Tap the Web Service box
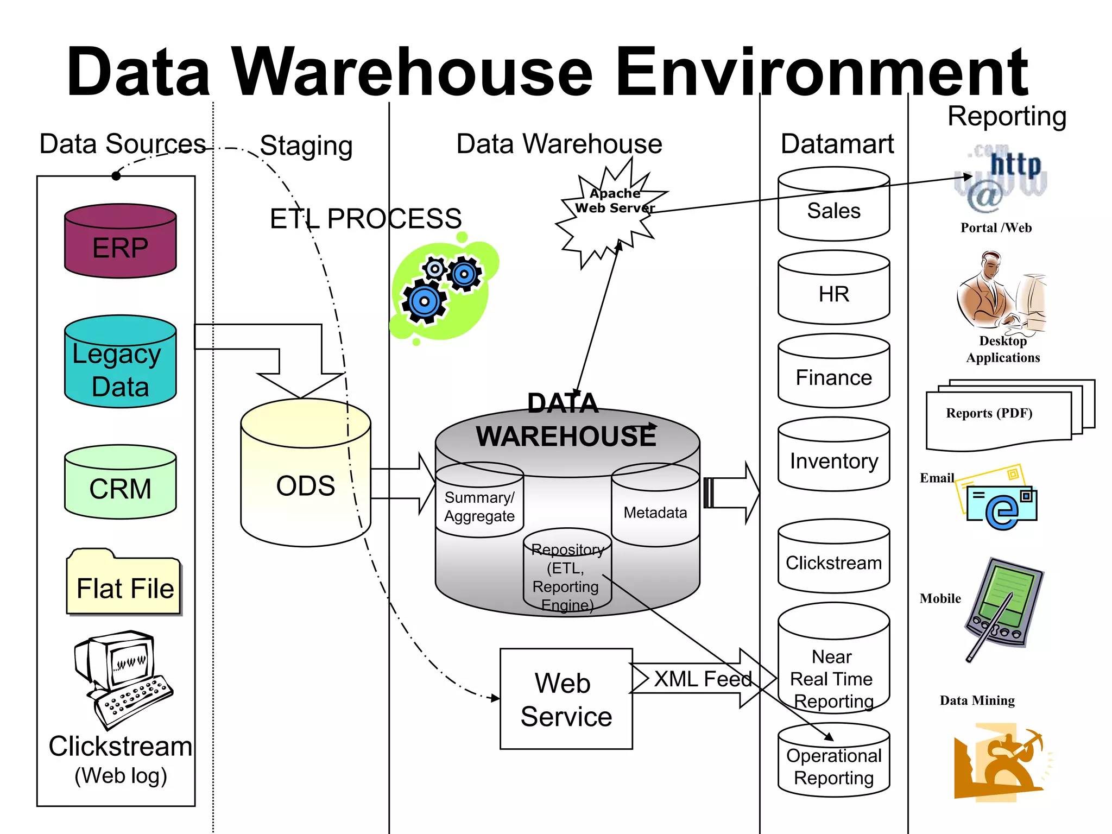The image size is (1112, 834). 566,699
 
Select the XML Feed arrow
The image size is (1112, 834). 704,679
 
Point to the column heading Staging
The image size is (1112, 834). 306,146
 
